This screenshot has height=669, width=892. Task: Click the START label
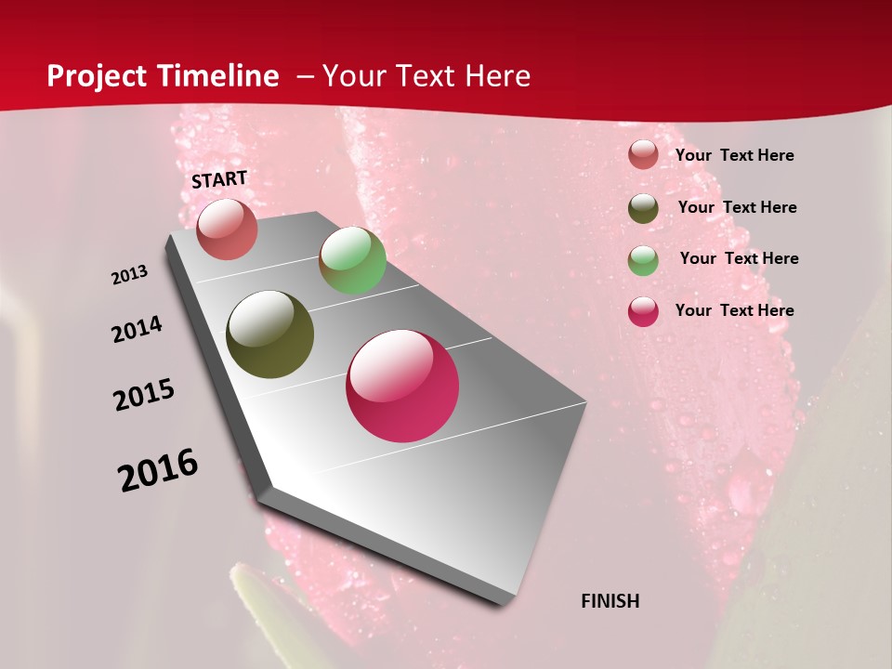219,179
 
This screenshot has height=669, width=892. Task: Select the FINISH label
610,601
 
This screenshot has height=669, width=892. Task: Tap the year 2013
129,275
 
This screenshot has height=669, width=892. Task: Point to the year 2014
137,330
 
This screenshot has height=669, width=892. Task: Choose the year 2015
144,395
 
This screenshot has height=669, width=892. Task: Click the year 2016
158,470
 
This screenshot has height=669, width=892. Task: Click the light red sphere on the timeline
227,230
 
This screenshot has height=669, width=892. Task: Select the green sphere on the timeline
352,260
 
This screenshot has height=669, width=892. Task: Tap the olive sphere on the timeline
269,334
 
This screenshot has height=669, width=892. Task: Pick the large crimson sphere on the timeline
402,386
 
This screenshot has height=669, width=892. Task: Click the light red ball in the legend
643,155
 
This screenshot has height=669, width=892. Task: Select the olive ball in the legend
643,208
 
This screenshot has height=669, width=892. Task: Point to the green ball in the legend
643,260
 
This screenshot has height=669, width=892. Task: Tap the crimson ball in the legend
643,311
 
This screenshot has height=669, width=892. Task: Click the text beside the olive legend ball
737,207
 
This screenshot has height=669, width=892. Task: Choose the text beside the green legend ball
739,258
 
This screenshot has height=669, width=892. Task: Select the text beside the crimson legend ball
734,310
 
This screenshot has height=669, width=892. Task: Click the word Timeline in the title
224,76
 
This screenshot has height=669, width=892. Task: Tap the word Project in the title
95,76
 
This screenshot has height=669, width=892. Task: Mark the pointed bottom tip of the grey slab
502,604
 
